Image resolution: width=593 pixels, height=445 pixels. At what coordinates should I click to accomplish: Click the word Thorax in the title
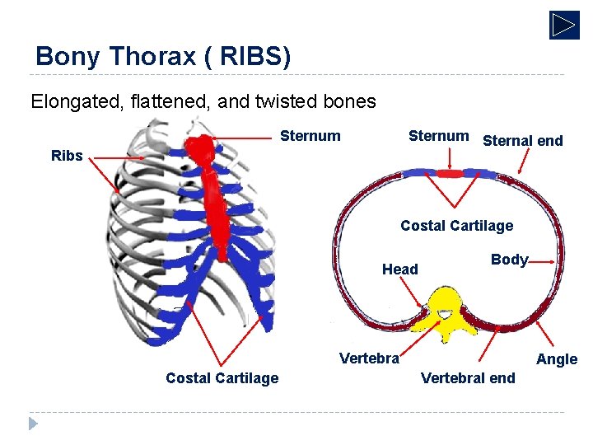coord(144,56)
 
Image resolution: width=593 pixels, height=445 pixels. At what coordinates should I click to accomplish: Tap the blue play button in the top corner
coord(564,25)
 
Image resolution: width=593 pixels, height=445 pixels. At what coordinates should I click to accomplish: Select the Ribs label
coord(67,156)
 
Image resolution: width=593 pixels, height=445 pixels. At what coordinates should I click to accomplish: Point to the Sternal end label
coord(522,141)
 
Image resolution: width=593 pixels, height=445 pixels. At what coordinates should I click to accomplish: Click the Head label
coord(399,269)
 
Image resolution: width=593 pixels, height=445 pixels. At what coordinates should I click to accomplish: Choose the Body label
coord(508,260)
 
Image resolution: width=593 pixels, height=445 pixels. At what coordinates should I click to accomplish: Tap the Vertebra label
coord(369,358)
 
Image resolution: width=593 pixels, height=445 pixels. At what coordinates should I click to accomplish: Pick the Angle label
coord(557,359)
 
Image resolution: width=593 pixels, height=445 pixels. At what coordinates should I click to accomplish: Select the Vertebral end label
coord(467,378)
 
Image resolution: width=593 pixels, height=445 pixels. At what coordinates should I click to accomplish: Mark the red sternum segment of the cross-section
coord(450,174)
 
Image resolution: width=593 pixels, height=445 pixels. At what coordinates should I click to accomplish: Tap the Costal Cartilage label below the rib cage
coord(222,378)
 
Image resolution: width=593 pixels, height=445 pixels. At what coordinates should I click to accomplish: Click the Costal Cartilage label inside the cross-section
coord(456,226)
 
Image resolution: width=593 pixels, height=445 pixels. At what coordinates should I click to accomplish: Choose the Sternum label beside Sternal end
coord(438,136)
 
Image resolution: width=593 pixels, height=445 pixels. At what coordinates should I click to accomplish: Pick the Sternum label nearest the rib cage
coord(311,137)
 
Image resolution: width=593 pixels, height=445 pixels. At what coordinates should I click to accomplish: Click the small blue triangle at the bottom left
coord(33,424)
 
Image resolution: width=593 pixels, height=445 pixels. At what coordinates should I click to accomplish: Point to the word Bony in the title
coord(68,56)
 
